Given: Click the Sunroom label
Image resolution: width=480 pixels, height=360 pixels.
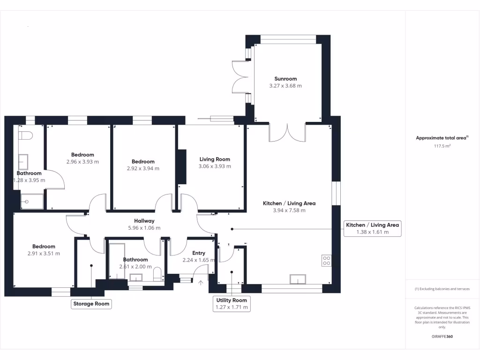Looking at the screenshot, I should [x=285, y=79].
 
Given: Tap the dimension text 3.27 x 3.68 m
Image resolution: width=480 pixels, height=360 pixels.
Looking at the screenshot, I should [x=285, y=86].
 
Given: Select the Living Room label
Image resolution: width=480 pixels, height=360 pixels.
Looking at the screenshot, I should [x=215, y=159].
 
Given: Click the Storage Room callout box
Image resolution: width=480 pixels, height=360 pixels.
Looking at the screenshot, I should [x=91, y=304].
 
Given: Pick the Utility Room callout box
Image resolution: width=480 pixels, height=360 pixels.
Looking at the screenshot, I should [x=231, y=304].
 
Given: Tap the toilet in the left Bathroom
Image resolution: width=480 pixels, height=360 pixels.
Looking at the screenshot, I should [x=25, y=136].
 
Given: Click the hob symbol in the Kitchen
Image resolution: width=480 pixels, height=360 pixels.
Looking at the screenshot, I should [x=327, y=261].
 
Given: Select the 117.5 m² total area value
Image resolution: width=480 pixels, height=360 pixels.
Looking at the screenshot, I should [x=442, y=146].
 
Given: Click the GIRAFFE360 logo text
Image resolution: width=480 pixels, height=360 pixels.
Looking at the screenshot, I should [x=442, y=337].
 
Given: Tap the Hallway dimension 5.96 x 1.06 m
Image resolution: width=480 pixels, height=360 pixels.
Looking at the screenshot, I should [x=144, y=228].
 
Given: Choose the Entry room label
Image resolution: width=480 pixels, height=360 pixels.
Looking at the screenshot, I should [x=199, y=253].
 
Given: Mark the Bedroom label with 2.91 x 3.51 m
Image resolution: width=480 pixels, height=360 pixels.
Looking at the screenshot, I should [x=44, y=247].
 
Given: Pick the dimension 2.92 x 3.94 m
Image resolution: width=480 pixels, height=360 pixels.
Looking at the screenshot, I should [x=143, y=168].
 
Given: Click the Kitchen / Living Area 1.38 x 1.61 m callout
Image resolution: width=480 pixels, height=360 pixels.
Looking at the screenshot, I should [x=372, y=228].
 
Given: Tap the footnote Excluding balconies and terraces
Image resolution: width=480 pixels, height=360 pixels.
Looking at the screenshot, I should [x=442, y=289].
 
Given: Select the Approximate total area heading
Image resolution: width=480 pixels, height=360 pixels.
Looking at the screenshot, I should [x=442, y=138].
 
